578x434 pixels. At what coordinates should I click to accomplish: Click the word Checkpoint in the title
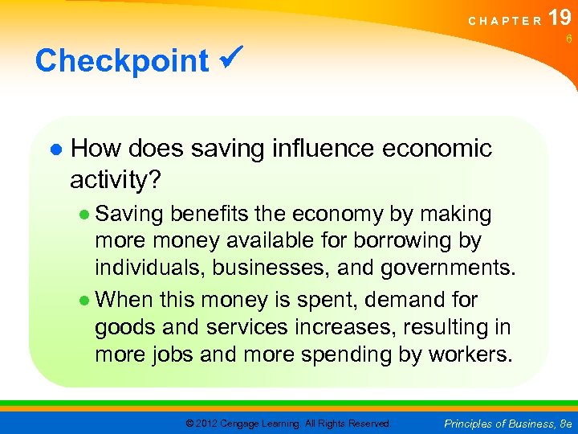point(121,61)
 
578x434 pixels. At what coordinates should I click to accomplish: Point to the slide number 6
point(568,39)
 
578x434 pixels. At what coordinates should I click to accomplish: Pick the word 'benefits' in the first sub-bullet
point(209,215)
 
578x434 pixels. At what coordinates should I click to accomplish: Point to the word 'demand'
point(397,301)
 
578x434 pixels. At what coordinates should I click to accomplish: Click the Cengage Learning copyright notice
point(288,423)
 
